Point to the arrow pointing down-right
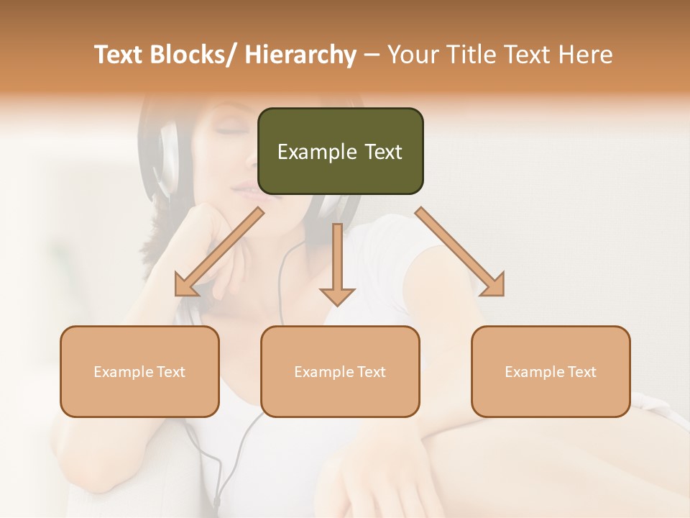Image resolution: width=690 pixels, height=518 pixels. (x=461, y=253)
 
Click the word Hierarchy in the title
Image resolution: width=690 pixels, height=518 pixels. (x=300, y=55)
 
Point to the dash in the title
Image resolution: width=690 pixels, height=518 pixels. (x=372, y=55)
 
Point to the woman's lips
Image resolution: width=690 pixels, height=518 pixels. (x=244, y=188)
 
